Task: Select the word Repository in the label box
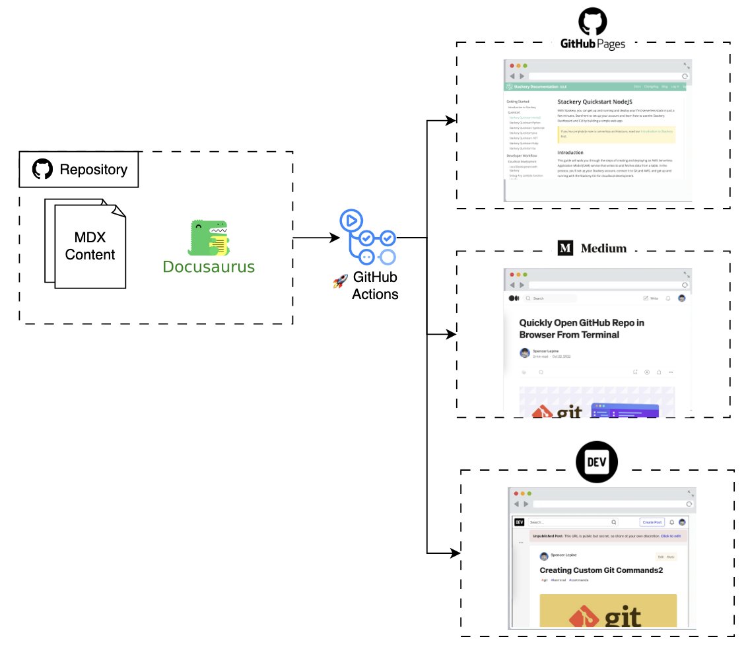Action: pos(94,170)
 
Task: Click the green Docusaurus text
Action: pos(209,267)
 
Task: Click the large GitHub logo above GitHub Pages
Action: pos(593,22)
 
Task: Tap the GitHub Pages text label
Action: pos(593,44)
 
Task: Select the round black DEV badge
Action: pos(597,460)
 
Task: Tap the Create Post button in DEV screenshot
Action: pos(652,522)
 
